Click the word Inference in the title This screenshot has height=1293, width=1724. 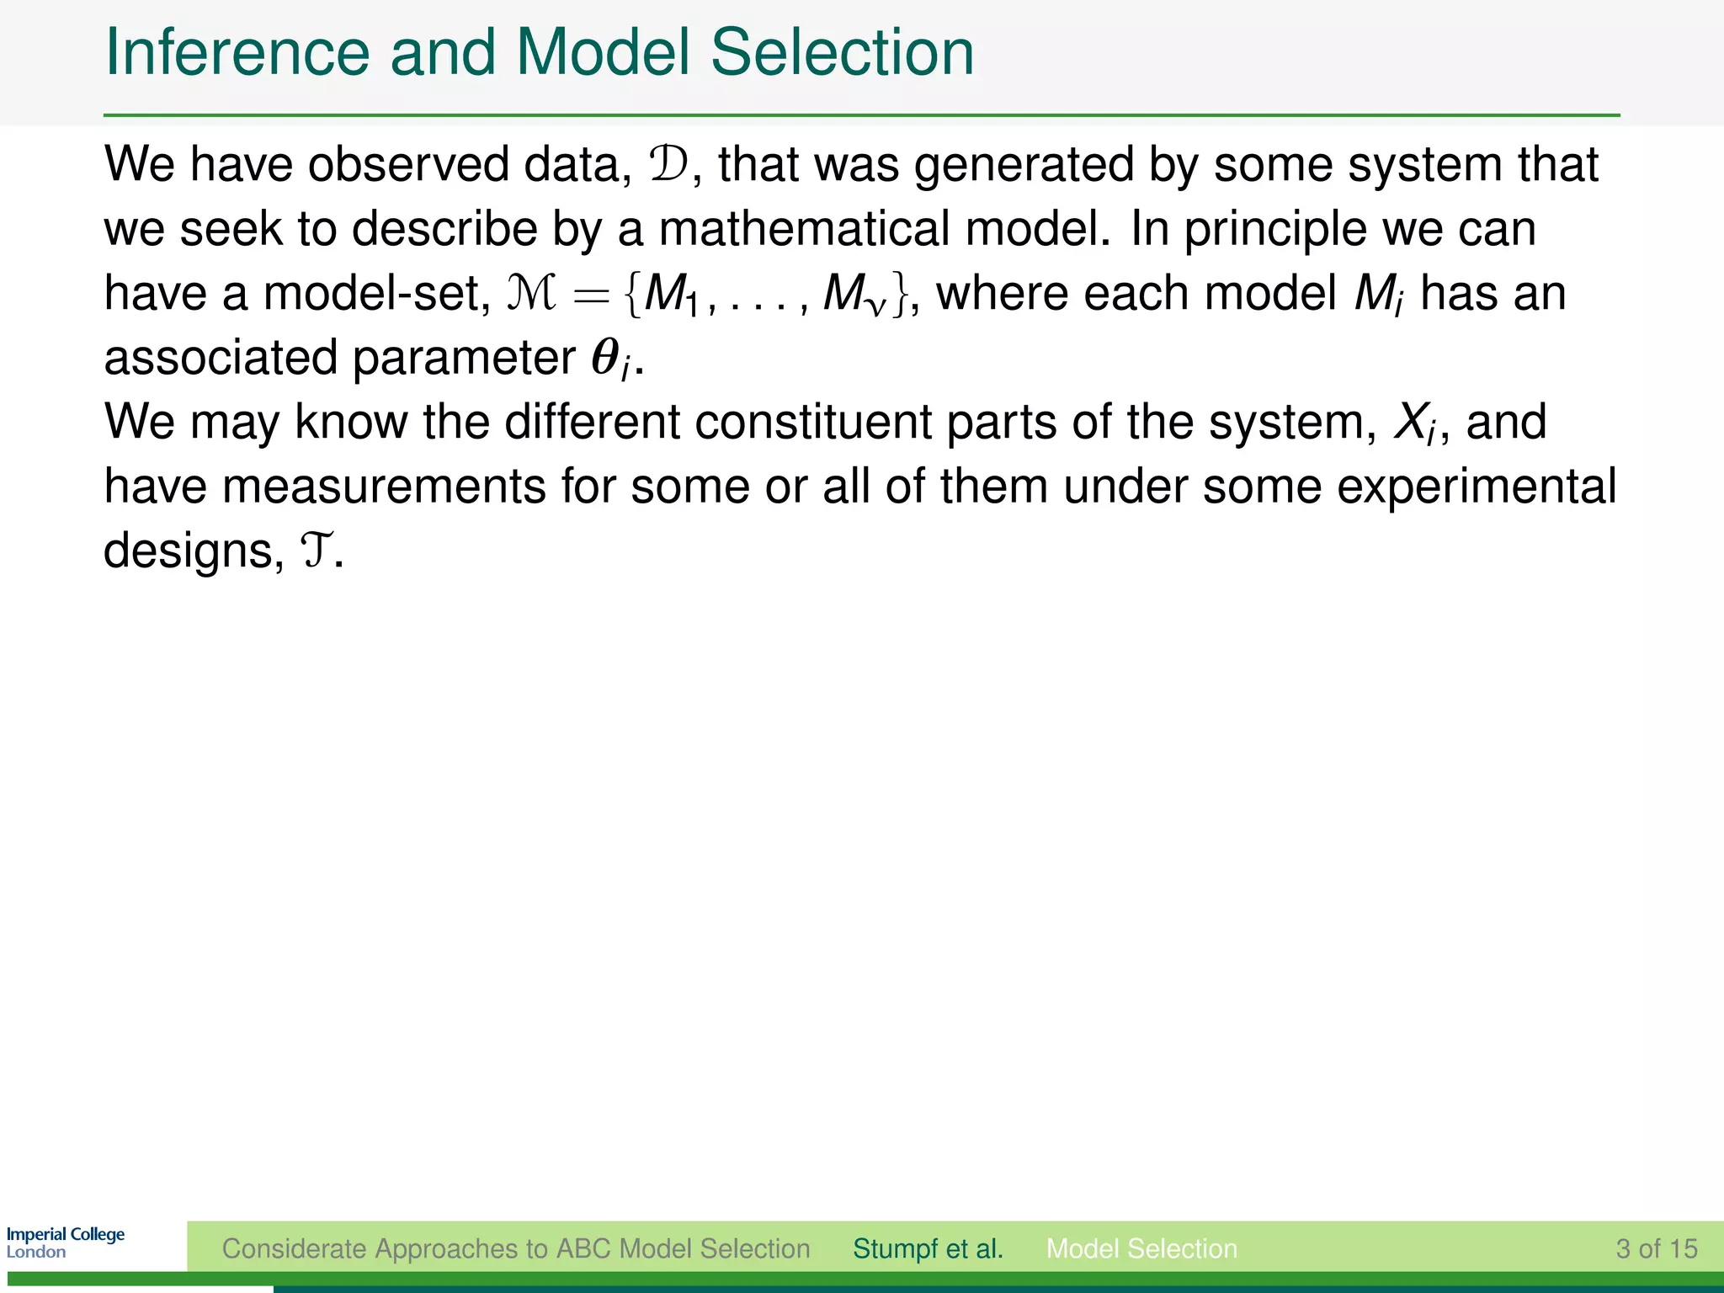(237, 52)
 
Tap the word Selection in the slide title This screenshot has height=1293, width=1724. (841, 52)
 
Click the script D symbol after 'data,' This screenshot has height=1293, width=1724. (669, 164)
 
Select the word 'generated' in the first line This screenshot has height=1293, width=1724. (1024, 166)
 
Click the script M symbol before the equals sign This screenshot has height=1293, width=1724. (531, 294)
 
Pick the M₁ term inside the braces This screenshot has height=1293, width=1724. (670, 295)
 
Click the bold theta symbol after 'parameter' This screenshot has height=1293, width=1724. (605, 358)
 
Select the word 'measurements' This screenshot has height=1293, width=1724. (384, 487)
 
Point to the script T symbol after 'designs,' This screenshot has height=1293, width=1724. (316, 551)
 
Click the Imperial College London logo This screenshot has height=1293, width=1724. (66, 1242)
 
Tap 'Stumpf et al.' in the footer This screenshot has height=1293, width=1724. (928, 1248)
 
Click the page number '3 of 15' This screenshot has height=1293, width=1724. (1656, 1248)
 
